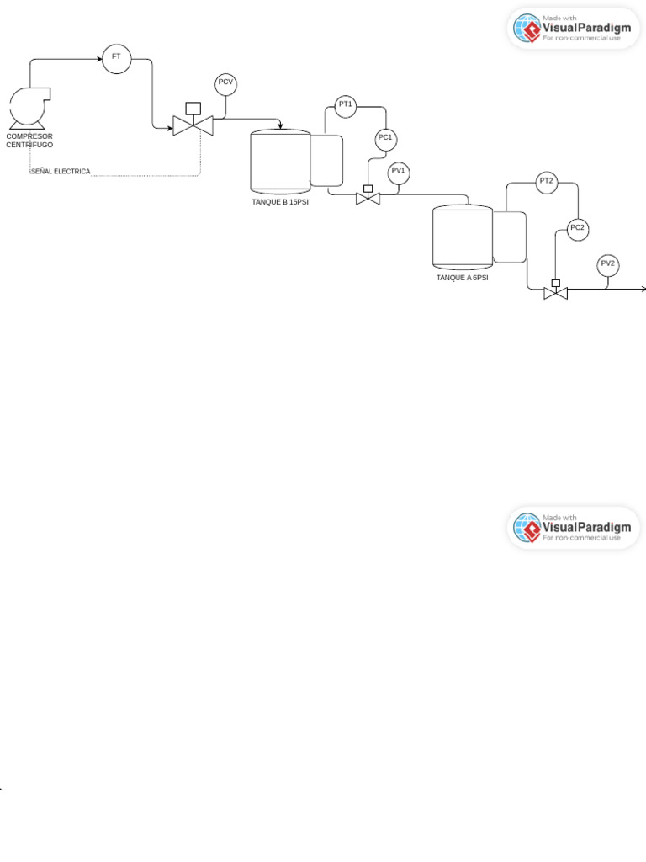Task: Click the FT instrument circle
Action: coord(116,58)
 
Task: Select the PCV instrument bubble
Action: coord(225,82)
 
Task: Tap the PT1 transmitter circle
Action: coord(345,106)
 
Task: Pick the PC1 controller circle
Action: coord(385,139)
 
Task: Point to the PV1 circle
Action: coord(398,173)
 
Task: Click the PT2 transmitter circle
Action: coord(546,183)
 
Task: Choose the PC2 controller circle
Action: coord(577,229)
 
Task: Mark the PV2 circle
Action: coord(607,265)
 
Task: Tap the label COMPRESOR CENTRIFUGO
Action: coord(29,141)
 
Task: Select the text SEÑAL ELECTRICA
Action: coord(61,172)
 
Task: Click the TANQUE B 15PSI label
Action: coord(280,202)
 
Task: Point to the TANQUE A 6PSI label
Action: coord(462,278)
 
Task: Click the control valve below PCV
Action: coord(193,125)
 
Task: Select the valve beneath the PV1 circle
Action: coord(368,198)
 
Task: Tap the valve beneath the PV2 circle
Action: coord(555,292)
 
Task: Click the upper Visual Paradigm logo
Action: coord(574,29)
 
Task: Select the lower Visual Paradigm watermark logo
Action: coord(574,528)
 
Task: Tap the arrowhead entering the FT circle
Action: coord(98,59)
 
